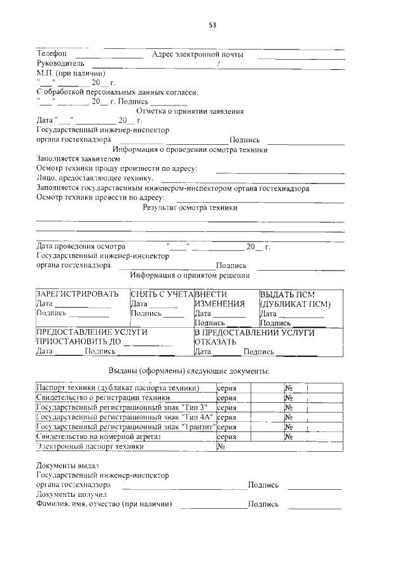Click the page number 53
213,25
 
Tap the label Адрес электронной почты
198,55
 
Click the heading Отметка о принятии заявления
195,111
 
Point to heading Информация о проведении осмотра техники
195,150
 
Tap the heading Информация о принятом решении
190,276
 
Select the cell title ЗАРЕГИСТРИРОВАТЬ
78,295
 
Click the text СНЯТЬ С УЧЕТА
162,295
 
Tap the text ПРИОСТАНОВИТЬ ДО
79,342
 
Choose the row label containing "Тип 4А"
125,417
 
